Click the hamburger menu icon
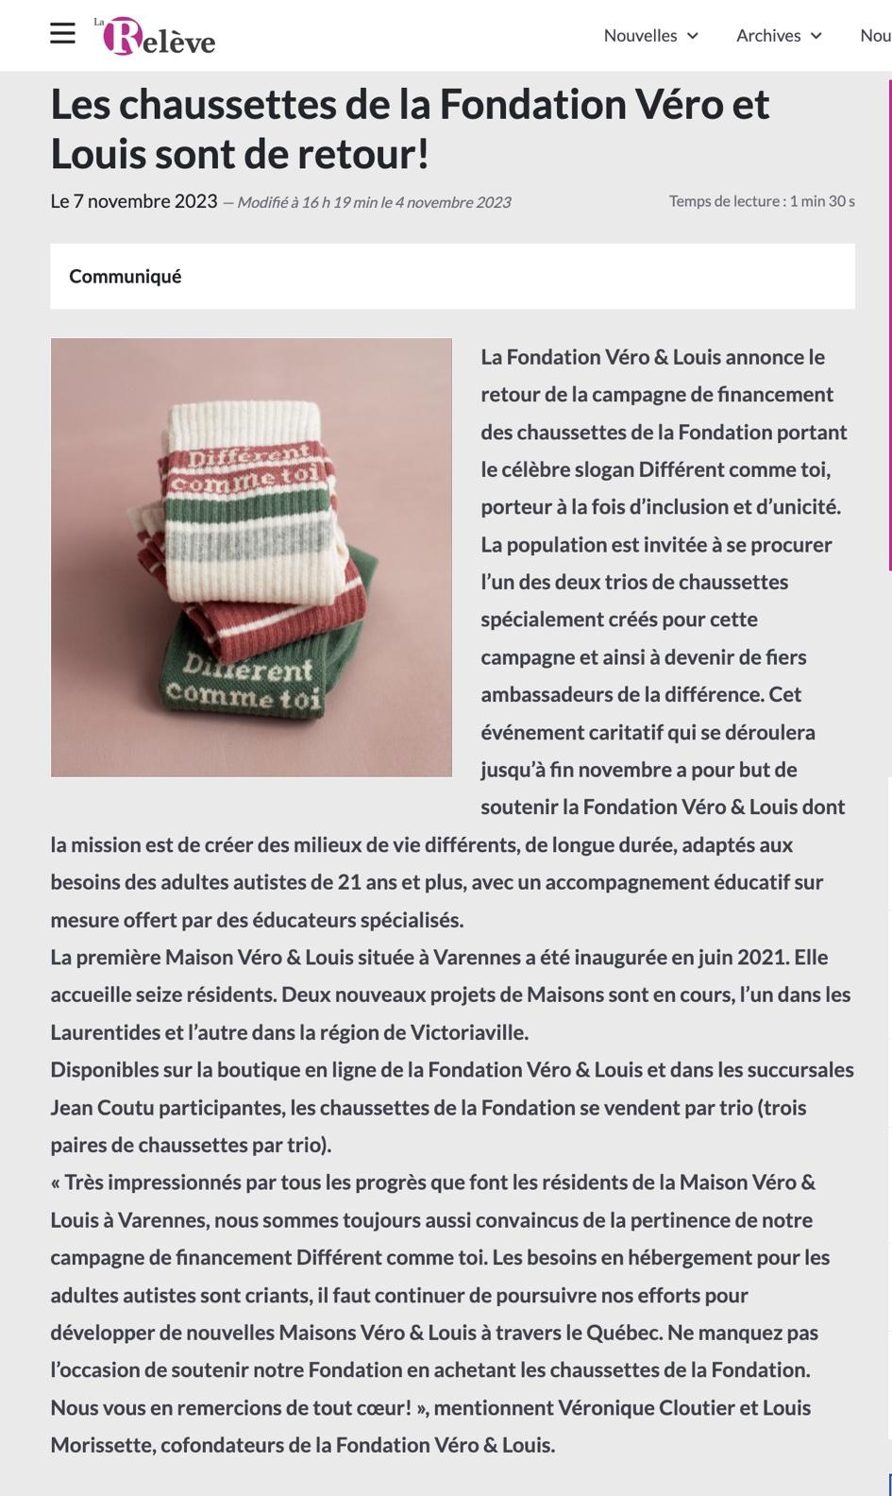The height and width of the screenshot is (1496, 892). coord(62,34)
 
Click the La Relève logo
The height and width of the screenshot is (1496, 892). coord(157,36)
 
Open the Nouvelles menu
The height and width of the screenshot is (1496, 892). coord(650,36)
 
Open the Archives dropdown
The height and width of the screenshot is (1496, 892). coord(779,36)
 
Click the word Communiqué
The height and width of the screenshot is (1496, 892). coord(125,277)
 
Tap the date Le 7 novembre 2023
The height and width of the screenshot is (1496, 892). coord(133,201)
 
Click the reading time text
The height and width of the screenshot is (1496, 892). coord(761,201)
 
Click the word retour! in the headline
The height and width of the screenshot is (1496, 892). coord(364,154)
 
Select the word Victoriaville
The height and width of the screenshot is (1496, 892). coord(468,1032)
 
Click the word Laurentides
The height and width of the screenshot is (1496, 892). coord(106,1032)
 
